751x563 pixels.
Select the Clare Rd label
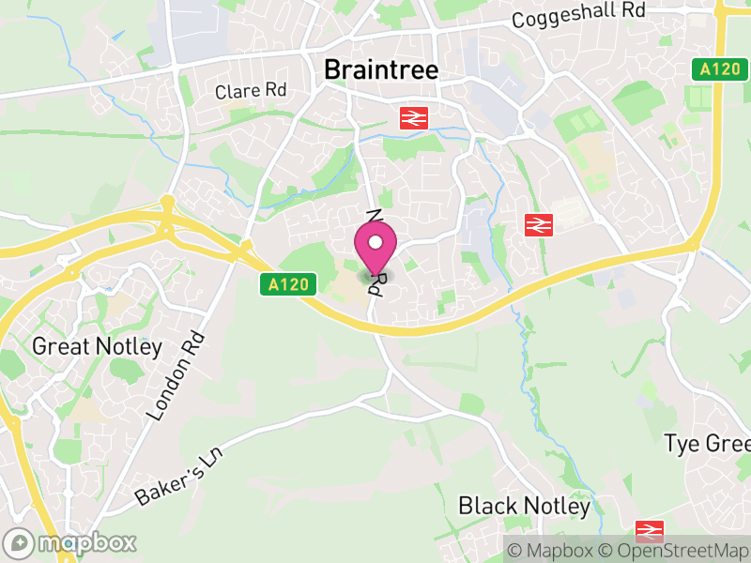point(251,91)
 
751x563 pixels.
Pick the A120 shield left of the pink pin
point(286,283)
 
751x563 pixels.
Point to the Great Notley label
point(97,346)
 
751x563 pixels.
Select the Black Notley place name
point(524,507)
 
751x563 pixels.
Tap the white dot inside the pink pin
point(375,243)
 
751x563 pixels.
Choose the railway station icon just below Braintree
point(411,117)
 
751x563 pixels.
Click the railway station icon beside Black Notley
point(650,531)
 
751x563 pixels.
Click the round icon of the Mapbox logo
point(20,543)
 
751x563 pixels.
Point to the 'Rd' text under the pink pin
point(376,283)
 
